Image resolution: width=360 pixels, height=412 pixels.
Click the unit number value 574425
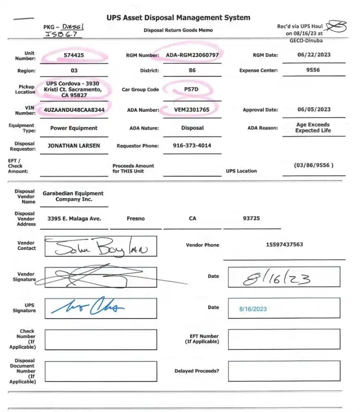pyautogui.click(x=74, y=55)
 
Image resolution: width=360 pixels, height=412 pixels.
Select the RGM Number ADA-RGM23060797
pyautogui.click(x=192, y=55)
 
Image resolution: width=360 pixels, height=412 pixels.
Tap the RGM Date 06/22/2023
pyautogui.click(x=313, y=54)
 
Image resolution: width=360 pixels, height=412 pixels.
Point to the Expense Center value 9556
pyautogui.click(x=313, y=70)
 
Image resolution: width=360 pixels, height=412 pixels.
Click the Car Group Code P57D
pyautogui.click(x=192, y=89)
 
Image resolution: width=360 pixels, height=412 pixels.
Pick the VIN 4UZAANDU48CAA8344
pyautogui.click(x=74, y=110)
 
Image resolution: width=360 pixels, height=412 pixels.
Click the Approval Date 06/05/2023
pyautogui.click(x=313, y=110)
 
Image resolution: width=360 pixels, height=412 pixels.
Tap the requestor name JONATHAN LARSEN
pyautogui.click(x=74, y=145)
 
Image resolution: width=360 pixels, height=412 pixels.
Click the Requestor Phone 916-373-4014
pyautogui.click(x=192, y=145)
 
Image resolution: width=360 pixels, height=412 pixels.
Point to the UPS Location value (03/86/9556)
pyautogui.click(x=313, y=165)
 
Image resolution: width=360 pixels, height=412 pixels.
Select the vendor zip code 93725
pyautogui.click(x=251, y=218)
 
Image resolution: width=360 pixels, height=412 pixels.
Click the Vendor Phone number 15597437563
pyautogui.click(x=284, y=244)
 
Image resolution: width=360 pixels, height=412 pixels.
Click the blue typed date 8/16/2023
pyautogui.click(x=253, y=309)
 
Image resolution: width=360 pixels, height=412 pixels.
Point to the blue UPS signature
pyautogui.click(x=87, y=307)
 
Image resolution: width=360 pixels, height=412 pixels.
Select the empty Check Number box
pyautogui.click(x=100, y=339)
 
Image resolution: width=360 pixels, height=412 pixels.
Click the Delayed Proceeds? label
pyautogui.click(x=197, y=371)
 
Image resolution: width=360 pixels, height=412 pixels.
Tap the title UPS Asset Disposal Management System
pyautogui.click(x=178, y=18)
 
